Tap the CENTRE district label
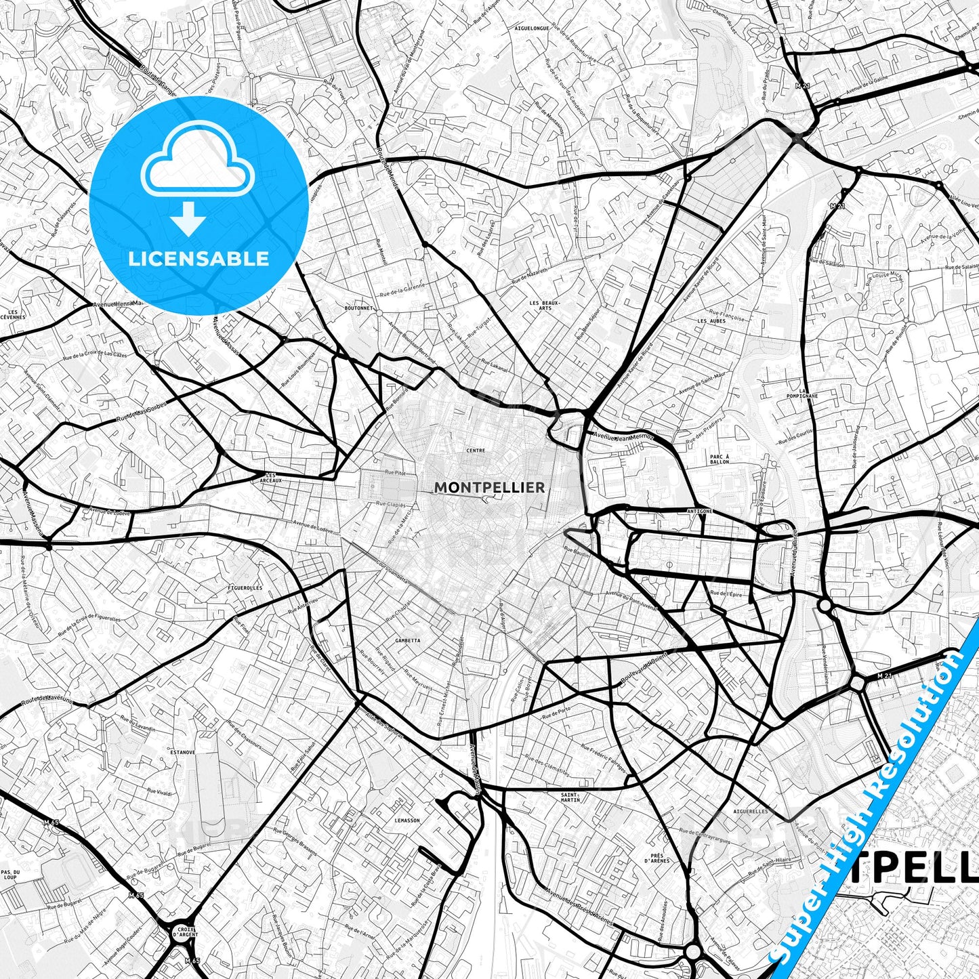pos(476,451)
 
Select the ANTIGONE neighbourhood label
pos(699,511)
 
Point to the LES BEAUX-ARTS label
pos(545,306)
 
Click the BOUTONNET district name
pos(358,308)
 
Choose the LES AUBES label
pos(711,321)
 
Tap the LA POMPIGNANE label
pos(808,394)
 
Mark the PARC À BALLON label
pos(720,459)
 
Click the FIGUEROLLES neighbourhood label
pos(245,588)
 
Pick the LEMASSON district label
pos(407,820)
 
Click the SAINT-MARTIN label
pos(570,797)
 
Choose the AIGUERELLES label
pos(751,811)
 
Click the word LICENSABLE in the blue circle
pos(199,258)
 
